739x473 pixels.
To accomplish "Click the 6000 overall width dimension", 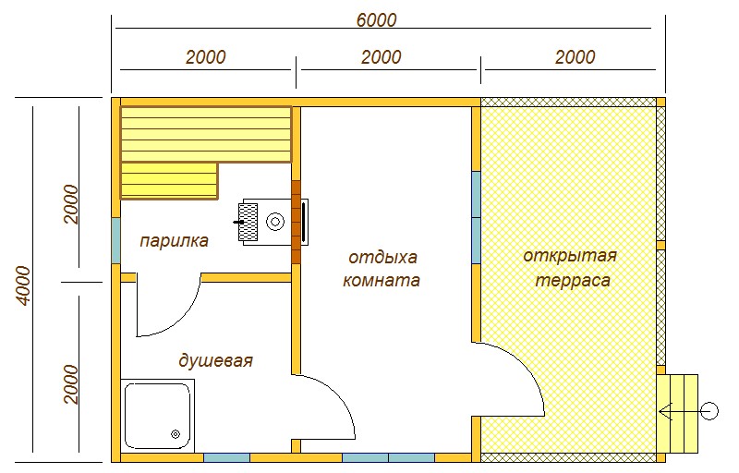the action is pos(376,19).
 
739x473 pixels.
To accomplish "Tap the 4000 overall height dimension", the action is pos(23,285).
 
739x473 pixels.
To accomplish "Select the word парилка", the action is pos(174,241).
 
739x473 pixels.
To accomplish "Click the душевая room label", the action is pos(215,361).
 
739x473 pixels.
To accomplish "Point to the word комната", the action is pos(381,280).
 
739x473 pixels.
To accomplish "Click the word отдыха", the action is pos(382,258).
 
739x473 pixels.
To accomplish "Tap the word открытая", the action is pos(570,256).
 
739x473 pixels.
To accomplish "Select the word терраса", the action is pos(573,281).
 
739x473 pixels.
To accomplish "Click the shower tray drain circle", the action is pos(176,434).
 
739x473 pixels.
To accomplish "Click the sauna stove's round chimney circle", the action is pos(274,222).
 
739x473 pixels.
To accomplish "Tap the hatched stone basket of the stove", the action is pos(248,222).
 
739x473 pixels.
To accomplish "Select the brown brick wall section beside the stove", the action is pos(296,223).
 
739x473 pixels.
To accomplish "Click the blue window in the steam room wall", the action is pos(116,241).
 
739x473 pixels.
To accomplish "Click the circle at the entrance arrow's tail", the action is pos(709,411).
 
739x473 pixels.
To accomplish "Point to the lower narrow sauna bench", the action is pos(170,180).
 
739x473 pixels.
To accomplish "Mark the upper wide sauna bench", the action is pos(206,135).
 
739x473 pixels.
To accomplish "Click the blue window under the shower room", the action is pos(226,457).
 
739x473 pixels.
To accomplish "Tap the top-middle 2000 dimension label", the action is pos(381,57).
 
